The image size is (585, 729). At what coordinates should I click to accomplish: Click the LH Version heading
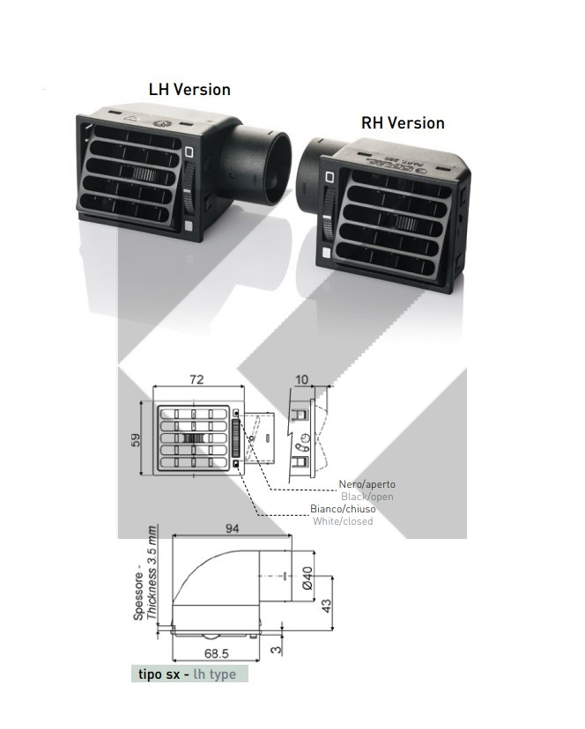point(189,90)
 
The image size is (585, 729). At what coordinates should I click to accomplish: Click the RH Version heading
point(403,122)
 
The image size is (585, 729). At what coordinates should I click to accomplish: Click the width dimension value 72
point(196,379)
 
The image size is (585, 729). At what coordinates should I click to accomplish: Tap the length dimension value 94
point(233,528)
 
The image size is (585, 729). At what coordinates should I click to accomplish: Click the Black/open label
point(367,497)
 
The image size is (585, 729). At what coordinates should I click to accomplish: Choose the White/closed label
point(343,521)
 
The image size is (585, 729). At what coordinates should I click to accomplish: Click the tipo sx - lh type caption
point(187,674)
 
